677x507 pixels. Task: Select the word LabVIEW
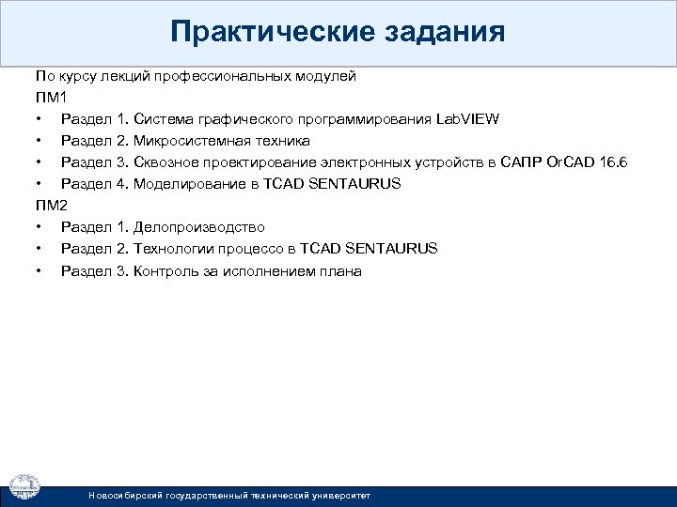pos(468,119)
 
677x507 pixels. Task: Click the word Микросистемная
pos(193,141)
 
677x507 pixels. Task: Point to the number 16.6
pos(612,162)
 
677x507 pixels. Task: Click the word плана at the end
pos(342,271)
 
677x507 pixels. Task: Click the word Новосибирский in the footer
pos(125,495)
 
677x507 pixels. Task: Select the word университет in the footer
pos(339,495)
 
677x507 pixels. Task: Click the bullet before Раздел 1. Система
pos(38,120)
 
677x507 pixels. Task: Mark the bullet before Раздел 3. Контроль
pos(38,271)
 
